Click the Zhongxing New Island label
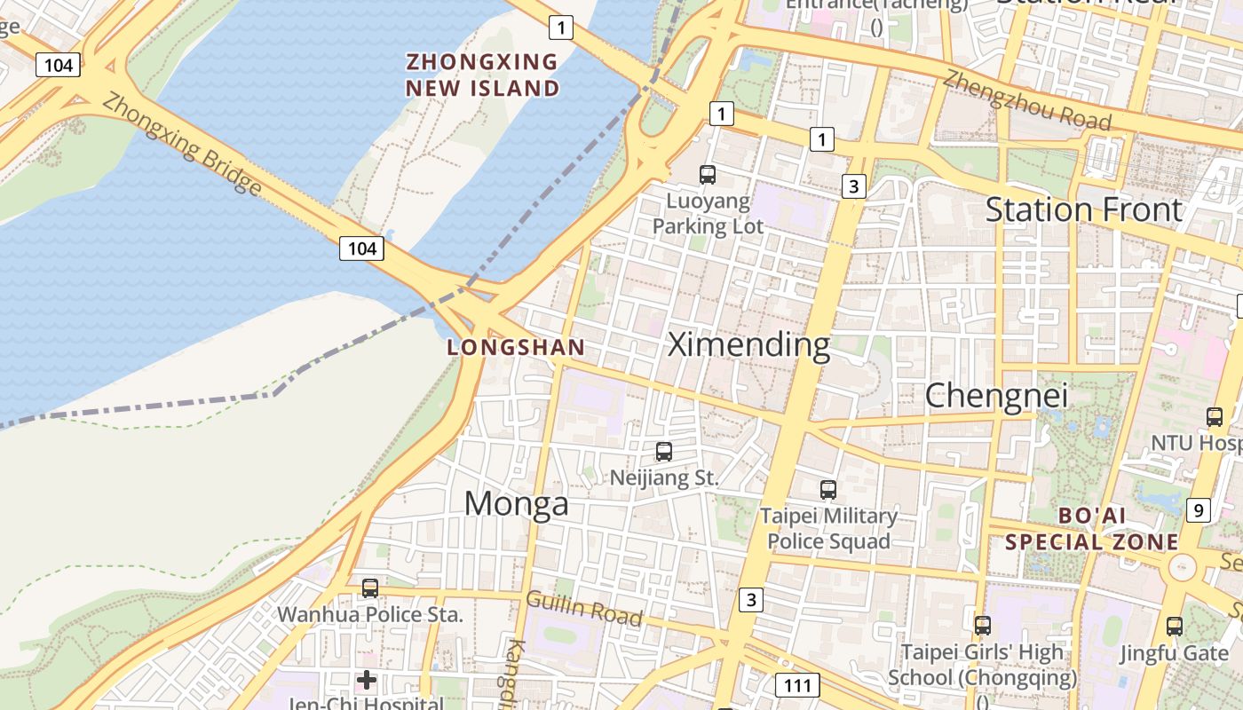(483, 75)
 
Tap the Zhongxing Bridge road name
(182, 144)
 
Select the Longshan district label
(516, 348)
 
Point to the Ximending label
(748, 344)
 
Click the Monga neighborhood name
(516, 504)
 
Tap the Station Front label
(1084, 210)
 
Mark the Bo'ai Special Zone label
(1092, 529)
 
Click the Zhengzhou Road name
(1026, 100)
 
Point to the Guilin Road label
(583, 608)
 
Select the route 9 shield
(1199, 510)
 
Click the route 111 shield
(797, 685)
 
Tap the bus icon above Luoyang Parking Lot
(708, 175)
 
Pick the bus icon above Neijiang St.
(664, 452)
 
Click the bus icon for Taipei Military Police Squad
(828, 489)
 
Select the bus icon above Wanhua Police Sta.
(370, 588)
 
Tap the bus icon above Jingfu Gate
(1175, 627)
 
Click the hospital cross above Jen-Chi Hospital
(367, 681)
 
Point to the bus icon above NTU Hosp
(1215, 416)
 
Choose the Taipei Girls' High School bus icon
(982, 626)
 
